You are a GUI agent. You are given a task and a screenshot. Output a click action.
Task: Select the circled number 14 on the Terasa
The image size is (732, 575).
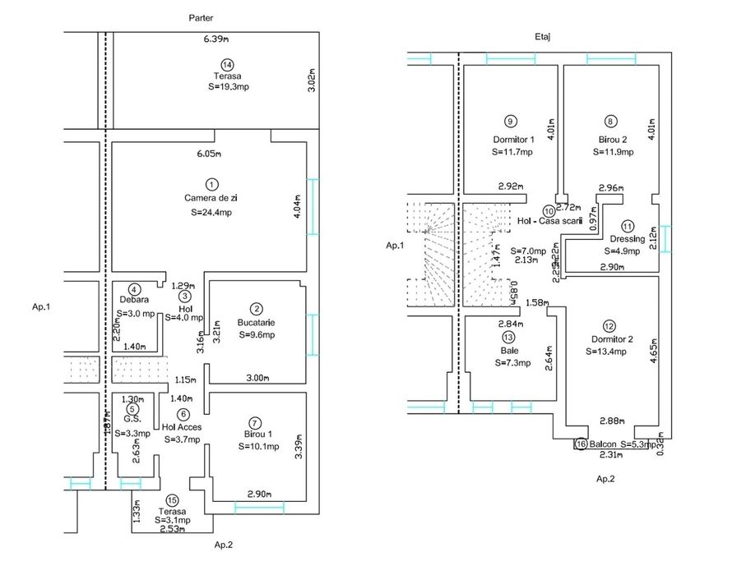227,65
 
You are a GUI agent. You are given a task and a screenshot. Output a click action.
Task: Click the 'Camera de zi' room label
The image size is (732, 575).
211,198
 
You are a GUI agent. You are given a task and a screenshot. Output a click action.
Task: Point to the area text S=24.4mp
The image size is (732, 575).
211,212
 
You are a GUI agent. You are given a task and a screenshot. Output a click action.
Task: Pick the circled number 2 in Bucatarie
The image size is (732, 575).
257,308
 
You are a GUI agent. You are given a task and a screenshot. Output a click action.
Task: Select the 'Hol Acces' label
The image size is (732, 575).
183,426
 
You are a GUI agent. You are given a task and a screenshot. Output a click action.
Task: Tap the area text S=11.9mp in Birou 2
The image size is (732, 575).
613,152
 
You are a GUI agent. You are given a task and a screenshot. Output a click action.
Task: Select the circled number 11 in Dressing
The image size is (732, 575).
628,226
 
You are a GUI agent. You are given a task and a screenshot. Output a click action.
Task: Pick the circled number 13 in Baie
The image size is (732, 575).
510,337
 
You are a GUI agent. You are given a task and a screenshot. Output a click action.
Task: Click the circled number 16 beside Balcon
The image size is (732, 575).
581,444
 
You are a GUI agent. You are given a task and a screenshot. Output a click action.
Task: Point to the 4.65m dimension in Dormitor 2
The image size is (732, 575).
654,354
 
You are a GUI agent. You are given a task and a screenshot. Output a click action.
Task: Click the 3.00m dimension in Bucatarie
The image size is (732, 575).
258,377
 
